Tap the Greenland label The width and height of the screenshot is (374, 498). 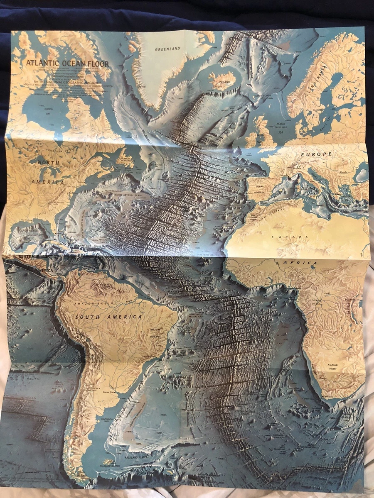[x=167, y=49]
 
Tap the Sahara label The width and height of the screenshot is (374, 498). [x=290, y=237]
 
